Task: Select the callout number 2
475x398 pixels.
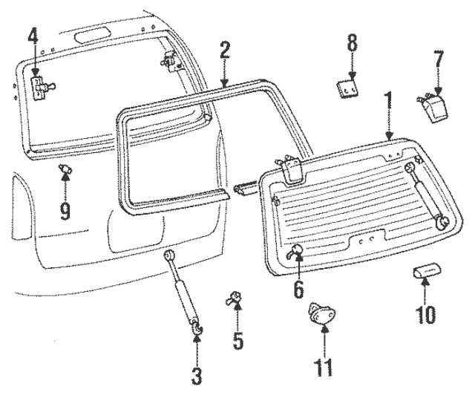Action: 225,51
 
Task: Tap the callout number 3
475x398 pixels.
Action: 197,376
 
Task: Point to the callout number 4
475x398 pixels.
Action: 33,35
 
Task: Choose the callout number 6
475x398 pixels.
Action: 298,288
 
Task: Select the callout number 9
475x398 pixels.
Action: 65,211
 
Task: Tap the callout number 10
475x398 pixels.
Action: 425,314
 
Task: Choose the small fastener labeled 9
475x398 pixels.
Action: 65,172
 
